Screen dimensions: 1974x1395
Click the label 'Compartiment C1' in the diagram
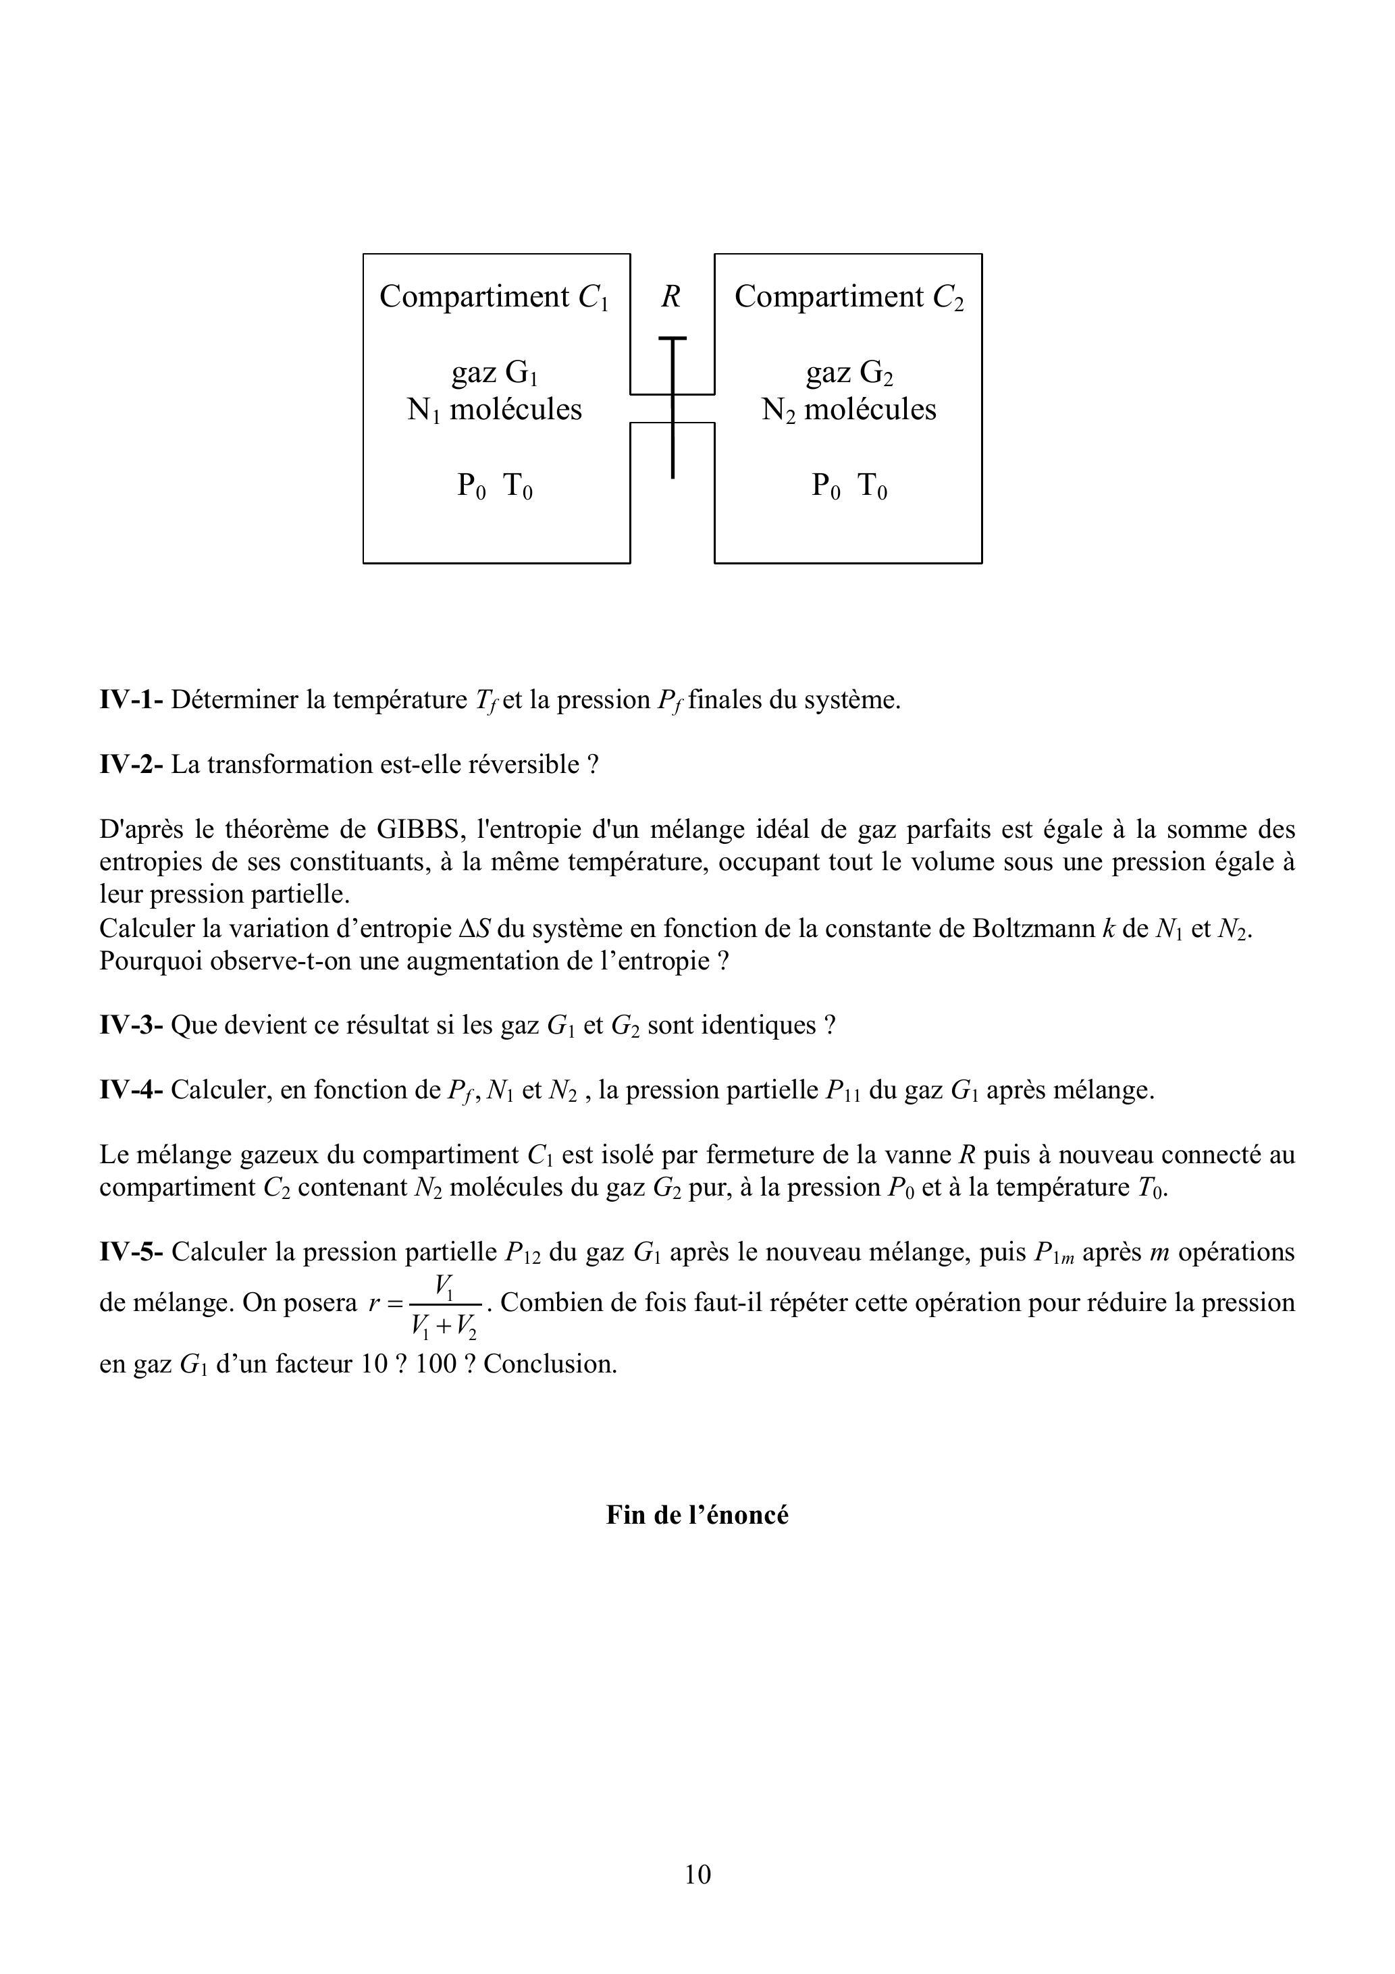tap(494, 296)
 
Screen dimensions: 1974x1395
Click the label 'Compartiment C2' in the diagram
tap(849, 296)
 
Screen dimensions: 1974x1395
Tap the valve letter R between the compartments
tap(671, 296)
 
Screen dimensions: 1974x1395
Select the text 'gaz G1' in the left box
tap(494, 372)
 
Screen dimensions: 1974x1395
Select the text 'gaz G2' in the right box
tap(849, 372)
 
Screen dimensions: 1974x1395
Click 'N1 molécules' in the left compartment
tap(494, 409)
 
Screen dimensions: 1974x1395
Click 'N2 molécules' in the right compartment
tap(849, 409)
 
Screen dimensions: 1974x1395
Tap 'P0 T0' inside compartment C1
tap(494, 487)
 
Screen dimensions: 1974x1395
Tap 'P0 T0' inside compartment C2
tap(849, 487)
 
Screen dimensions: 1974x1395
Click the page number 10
tap(697, 1874)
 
